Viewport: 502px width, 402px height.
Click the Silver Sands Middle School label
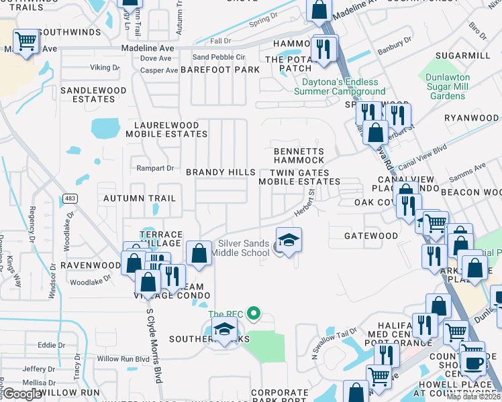(240, 249)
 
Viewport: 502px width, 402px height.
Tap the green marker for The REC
(254, 313)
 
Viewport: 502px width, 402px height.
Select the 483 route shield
(69, 198)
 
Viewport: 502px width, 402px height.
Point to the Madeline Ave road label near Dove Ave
(147, 49)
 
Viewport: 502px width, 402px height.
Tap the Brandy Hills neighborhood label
(220, 172)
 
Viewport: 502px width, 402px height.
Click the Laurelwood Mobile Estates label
(166, 129)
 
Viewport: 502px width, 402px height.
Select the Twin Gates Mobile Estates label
(299, 177)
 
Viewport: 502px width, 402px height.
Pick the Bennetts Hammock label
(299, 156)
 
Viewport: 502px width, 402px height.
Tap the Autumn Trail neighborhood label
(140, 198)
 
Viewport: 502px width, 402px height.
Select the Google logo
(21, 394)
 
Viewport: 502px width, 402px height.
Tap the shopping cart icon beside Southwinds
(26, 42)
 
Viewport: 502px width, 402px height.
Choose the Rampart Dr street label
(155, 168)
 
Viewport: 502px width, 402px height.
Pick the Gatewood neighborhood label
(370, 236)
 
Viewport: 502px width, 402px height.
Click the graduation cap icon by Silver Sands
(288, 241)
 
